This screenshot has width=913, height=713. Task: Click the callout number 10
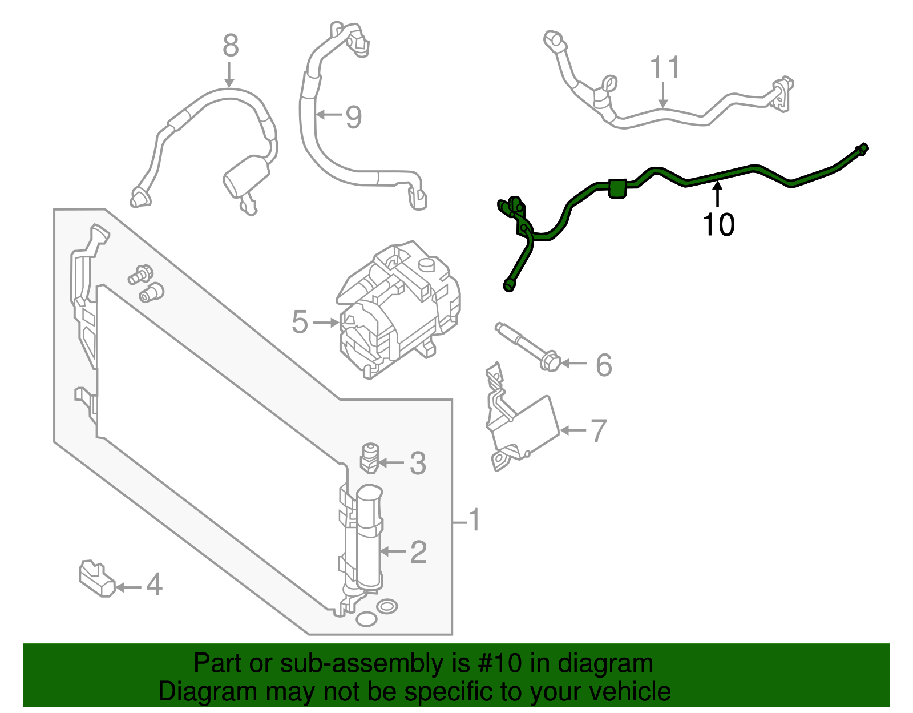(x=718, y=224)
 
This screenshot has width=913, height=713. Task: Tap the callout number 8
(x=230, y=46)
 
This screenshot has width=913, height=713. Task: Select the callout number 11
(x=664, y=68)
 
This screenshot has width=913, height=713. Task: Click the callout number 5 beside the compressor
(x=300, y=323)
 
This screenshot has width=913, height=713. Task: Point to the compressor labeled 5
(x=399, y=311)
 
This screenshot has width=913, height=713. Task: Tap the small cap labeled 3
(x=370, y=458)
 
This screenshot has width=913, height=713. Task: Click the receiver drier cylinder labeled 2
(x=369, y=537)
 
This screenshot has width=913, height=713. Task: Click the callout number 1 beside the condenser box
(x=474, y=521)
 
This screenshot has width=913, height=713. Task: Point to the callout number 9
(x=354, y=117)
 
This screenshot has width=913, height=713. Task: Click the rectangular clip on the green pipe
(x=617, y=188)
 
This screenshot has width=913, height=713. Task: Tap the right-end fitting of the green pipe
(x=862, y=150)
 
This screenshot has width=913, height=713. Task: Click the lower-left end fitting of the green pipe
(x=508, y=285)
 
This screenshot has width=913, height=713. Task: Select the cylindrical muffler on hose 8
(x=246, y=176)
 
